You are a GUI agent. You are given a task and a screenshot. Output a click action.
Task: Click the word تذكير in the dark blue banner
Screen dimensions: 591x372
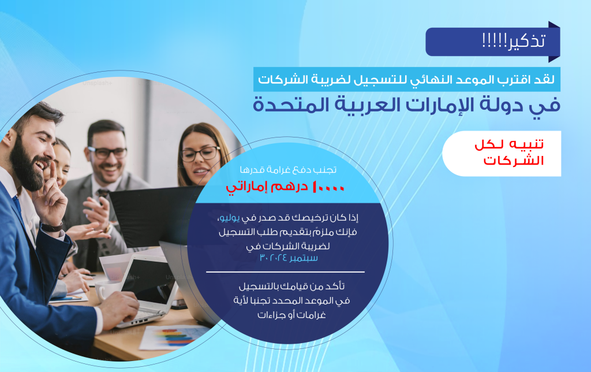click(x=526, y=41)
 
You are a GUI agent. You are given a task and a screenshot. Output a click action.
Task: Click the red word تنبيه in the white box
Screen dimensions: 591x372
click(x=526, y=144)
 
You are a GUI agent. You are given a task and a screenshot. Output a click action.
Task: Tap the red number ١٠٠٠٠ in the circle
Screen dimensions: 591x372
click(x=328, y=187)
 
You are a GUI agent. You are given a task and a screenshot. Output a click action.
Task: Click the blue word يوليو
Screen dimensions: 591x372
click(x=230, y=218)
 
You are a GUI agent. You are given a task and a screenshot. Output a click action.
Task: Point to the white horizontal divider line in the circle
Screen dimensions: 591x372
click(x=285, y=271)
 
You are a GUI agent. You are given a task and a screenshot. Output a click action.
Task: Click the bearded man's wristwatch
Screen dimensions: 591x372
click(x=52, y=227)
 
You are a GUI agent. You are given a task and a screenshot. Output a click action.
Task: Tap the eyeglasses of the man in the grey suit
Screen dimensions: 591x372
click(x=108, y=152)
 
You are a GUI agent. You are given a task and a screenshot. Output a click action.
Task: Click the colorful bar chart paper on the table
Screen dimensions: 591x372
click(x=174, y=337)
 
